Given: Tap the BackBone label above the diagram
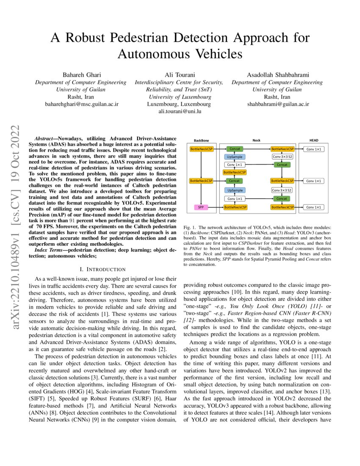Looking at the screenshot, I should point(201,140).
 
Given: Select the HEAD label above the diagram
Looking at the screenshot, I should point(314,140).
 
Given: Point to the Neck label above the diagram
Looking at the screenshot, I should point(257,140).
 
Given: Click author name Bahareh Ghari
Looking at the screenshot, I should point(80,75).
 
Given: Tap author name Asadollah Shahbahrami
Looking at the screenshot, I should point(277,75).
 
